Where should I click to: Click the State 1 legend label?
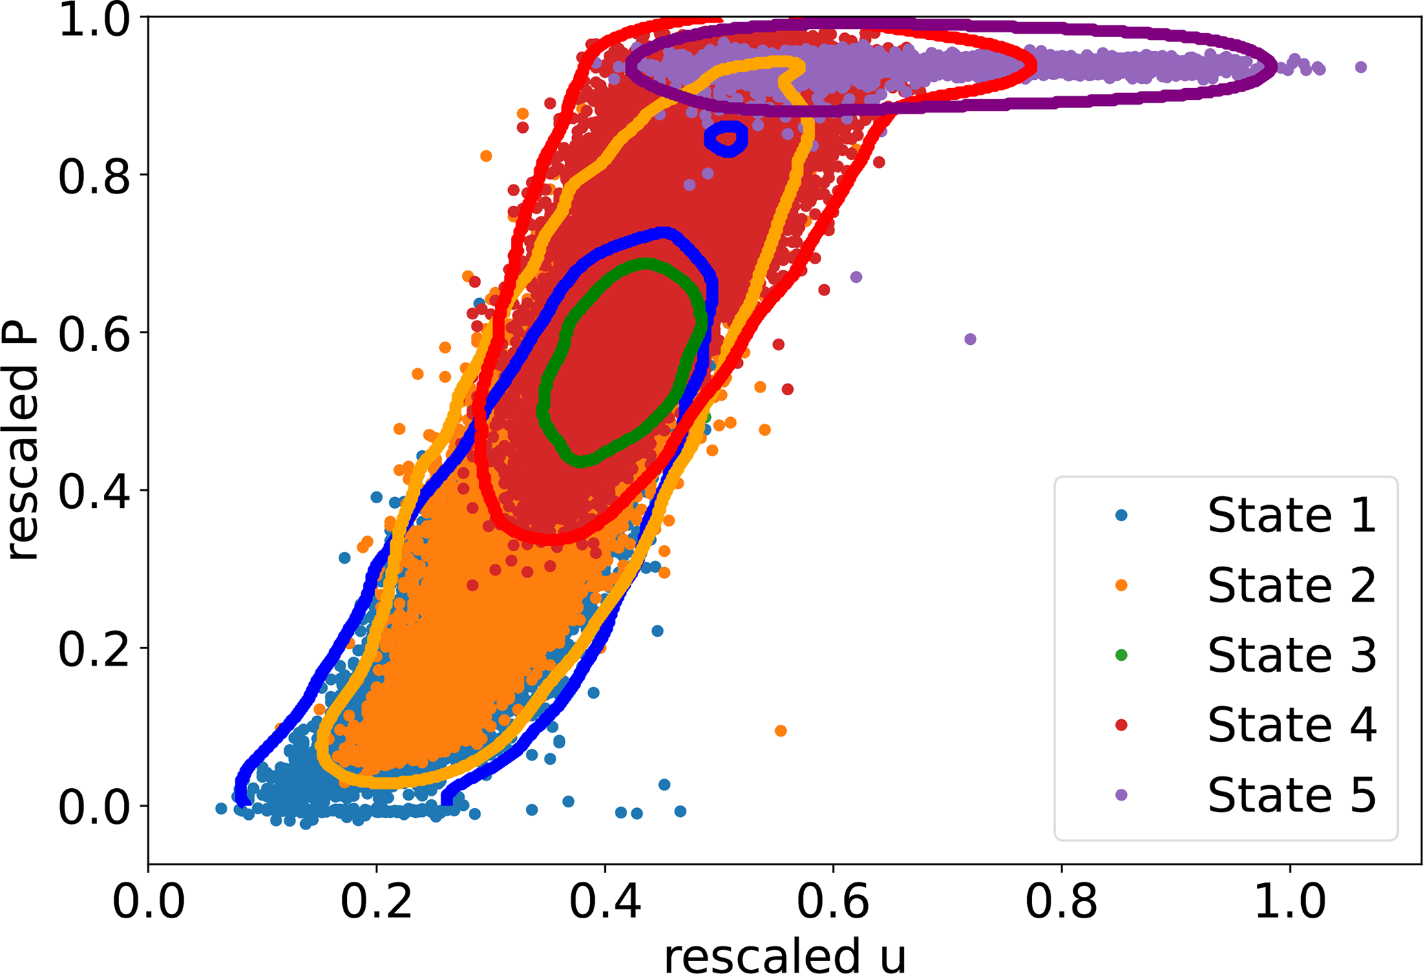pos(1292,515)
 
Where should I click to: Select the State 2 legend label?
pos(1292,585)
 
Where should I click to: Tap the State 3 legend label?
pos(1292,655)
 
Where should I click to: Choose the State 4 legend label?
pos(1292,725)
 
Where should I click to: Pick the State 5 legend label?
pos(1292,795)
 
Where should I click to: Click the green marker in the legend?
pos(1121,655)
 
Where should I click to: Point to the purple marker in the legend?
pos(1121,795)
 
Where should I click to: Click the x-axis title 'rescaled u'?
pos(785,955)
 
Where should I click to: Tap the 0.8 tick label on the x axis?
pos(1062,902)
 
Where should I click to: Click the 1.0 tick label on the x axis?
pos(1289,902)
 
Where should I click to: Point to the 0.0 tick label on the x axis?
pos(149,902)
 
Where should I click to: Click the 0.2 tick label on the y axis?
pos(94,649)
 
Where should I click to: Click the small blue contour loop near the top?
pos(726,138)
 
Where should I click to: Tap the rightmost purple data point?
pos(1360,67)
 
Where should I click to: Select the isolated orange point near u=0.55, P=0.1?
pos(781,731)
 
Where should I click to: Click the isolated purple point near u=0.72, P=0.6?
pos(970,339)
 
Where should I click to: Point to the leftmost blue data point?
pos(221,809)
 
